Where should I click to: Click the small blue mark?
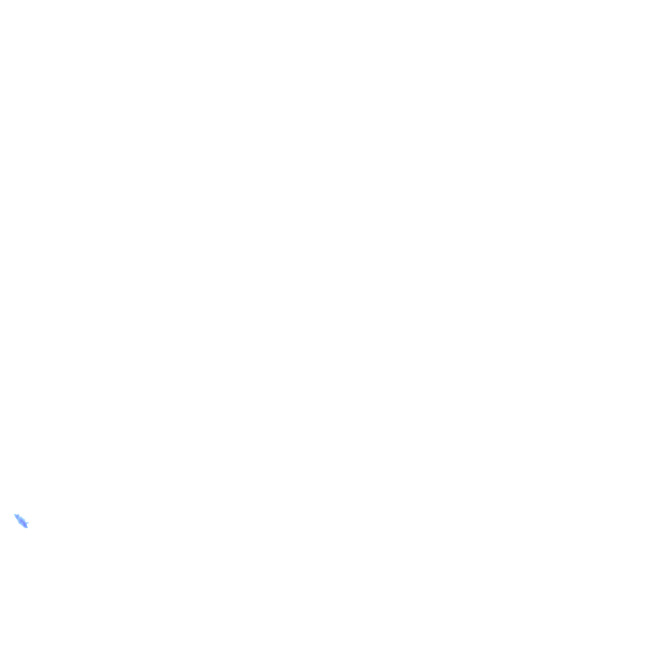click(x=21, y=521)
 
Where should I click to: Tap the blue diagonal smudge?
click(x=21, y=521)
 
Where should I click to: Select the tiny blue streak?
click(x=21, y=521)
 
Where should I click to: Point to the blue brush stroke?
click(x=21, y=521)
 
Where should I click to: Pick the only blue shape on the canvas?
click(x=21, y=521)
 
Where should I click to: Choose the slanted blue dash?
click(x=21, y=521)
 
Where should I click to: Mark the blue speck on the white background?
click(x=21, y=521)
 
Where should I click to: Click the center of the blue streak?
click(x=21, y=521)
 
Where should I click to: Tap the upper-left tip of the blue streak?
click(x=16, y=515)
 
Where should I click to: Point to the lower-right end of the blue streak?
click(x=26, y=526)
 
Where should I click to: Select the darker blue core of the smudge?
click(x=22, y=521)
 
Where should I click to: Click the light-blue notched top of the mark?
click(x=17, y=516)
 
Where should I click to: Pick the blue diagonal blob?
click(x=21, y=521)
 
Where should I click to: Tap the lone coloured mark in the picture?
click(x=21, y=521)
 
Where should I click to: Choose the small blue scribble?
click(x=21, y=521)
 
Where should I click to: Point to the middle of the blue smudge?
click(x=21, y=521)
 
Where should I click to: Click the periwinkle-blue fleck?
click(x=21, y=521)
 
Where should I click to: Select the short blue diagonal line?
click(x=21, y=521)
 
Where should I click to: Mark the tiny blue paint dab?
click(x=21, y=521)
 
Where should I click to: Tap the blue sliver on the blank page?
click(x=21, y=521)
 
